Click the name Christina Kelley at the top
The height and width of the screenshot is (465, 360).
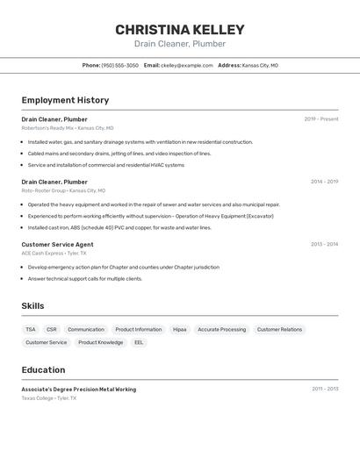180,30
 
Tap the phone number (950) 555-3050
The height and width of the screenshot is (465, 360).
119,65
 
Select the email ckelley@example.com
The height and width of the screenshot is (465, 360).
187,65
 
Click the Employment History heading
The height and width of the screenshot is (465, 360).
65,100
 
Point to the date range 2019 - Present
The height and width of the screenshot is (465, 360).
321,118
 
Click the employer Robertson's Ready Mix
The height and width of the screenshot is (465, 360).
48,127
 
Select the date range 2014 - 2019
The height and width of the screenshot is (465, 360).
324,182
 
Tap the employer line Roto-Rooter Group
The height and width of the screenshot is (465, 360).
44,190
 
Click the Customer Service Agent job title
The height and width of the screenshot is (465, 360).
57,244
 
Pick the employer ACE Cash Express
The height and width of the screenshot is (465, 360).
42,253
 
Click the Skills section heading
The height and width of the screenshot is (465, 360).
33,305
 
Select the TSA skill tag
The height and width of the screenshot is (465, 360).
31,330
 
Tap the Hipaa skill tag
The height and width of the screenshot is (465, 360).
179,330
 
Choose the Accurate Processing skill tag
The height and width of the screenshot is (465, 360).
221,330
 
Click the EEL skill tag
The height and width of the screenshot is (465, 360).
139,342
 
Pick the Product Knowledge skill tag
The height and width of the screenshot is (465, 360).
100,342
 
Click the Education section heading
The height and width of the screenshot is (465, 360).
43,369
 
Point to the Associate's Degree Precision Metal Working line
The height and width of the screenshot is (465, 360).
79,389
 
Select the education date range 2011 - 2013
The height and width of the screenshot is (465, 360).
325,388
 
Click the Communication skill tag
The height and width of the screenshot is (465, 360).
86,330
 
